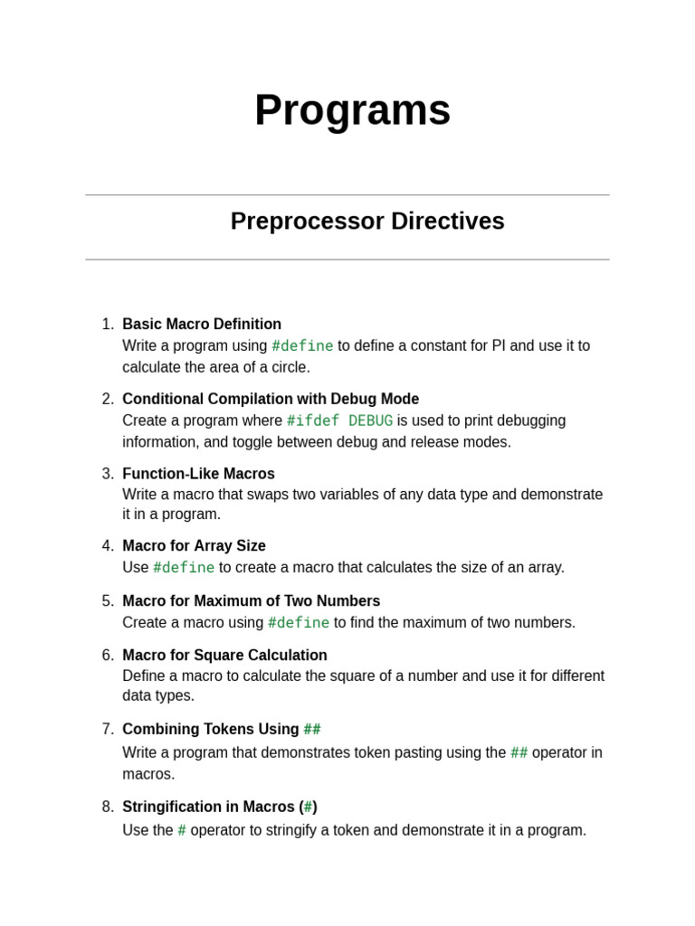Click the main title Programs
click(352, 110)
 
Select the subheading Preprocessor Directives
click(367, 222)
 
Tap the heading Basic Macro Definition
click(202, 324)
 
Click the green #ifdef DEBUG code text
click(339, 420)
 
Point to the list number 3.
click(108, 474)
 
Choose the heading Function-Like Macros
click(198, 474)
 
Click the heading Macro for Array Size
click(194, 546)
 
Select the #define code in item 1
click(302, 345)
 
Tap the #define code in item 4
click(184, 567)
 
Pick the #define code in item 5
click(299, 622)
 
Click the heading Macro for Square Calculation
click(224, 656)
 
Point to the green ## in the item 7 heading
click(312, 729)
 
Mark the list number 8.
click(108, 807)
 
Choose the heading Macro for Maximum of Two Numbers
click(251, 601)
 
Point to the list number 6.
click(108, 656)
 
